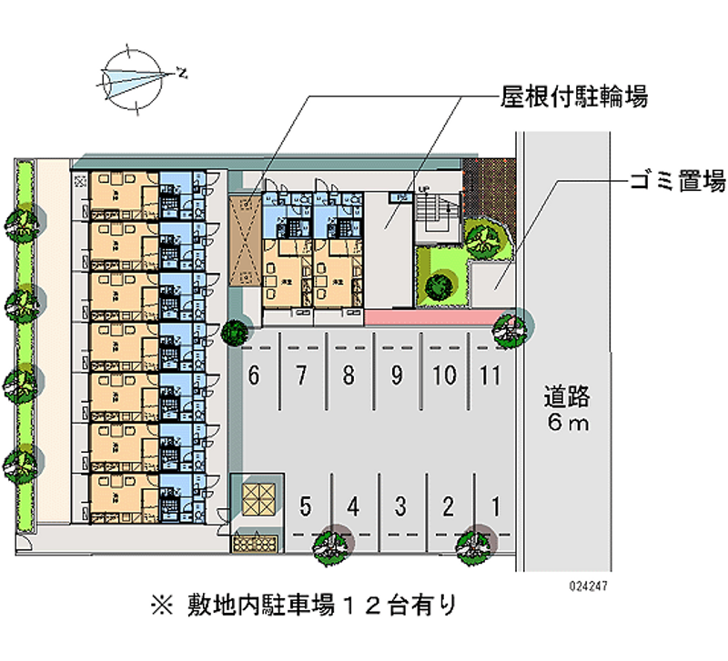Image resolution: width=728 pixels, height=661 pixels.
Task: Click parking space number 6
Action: (254, 375)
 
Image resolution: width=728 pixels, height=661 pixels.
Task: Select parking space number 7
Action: (301, 375)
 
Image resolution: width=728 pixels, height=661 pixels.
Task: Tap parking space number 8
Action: (349, 375)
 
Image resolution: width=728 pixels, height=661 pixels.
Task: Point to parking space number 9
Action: (396, 375)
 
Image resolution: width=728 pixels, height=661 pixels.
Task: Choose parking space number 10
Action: (444, 375)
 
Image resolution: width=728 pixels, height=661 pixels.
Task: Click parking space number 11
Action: (490, 375)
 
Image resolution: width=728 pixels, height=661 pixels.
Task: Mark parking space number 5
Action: (307, 505)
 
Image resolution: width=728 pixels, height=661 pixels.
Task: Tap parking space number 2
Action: (448, 505)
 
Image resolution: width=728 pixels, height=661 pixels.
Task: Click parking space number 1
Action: (495, 505)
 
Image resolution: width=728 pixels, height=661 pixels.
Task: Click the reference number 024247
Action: (589, 586)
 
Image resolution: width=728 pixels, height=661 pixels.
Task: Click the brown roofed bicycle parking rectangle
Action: (245, 240)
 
